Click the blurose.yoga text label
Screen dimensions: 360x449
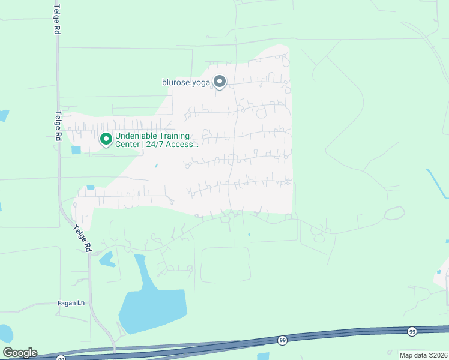[186, 83]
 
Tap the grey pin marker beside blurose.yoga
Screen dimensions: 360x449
[220, 82]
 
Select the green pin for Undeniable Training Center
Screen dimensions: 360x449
[106, 139]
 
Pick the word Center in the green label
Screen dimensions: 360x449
[128, 145]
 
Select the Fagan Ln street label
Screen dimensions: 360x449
[72, 303]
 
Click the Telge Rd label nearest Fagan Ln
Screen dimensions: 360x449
[83, 238]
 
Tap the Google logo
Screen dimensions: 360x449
[20, 353]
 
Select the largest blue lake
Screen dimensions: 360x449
[150, 306]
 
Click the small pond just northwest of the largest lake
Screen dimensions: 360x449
[107, 259]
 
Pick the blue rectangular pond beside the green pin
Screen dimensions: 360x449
[76, 150]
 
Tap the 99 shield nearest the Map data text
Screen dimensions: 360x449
[412, 331]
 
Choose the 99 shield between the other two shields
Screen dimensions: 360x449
[282, 340]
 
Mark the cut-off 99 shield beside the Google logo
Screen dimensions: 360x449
[61, 358]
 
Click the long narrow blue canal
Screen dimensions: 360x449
[437, 184]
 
